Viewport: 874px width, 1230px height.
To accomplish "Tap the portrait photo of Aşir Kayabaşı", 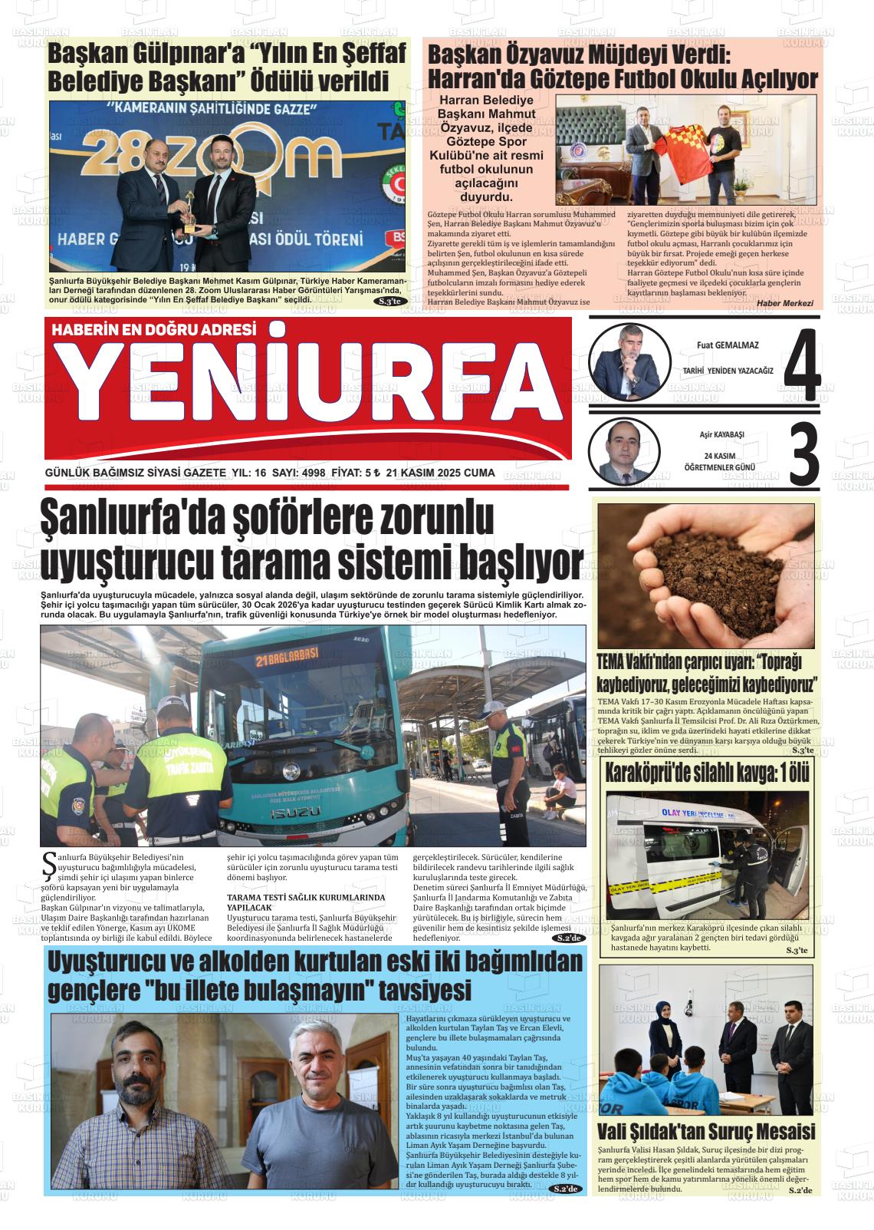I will tap(623, 454).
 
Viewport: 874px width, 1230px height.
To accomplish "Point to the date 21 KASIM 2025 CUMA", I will tap(441, 473).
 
